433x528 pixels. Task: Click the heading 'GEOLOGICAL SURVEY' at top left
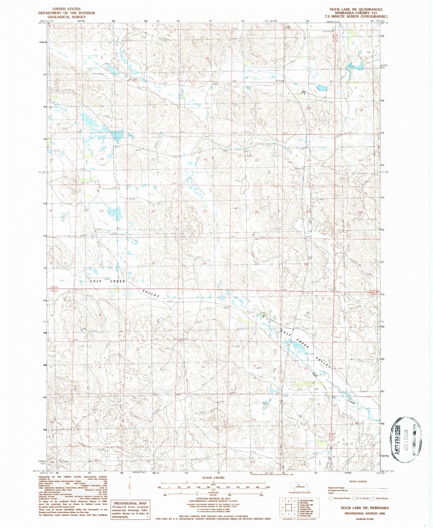click(66, 17)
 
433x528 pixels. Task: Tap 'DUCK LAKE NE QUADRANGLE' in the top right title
click(356, 9)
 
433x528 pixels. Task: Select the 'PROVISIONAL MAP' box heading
click(130, 503)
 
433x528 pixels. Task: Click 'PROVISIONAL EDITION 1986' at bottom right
click(365, 513)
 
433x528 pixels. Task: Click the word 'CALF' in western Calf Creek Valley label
click(96, 281)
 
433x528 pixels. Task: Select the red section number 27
click(205, 211)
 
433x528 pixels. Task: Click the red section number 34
click(204, 264)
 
